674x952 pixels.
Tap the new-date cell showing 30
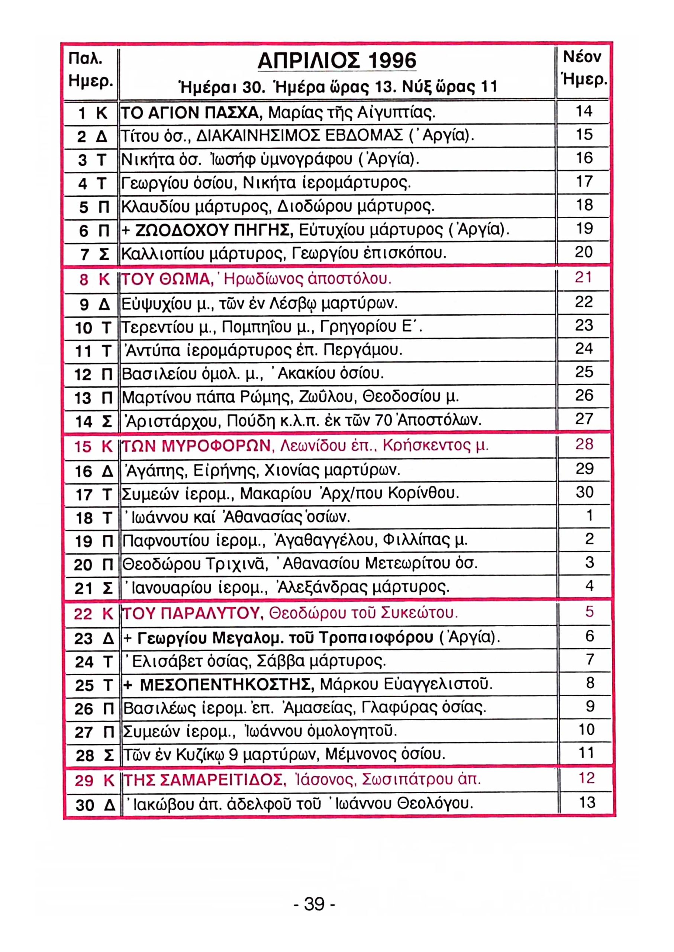point(584,492)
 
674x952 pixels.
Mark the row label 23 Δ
point(93,638)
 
